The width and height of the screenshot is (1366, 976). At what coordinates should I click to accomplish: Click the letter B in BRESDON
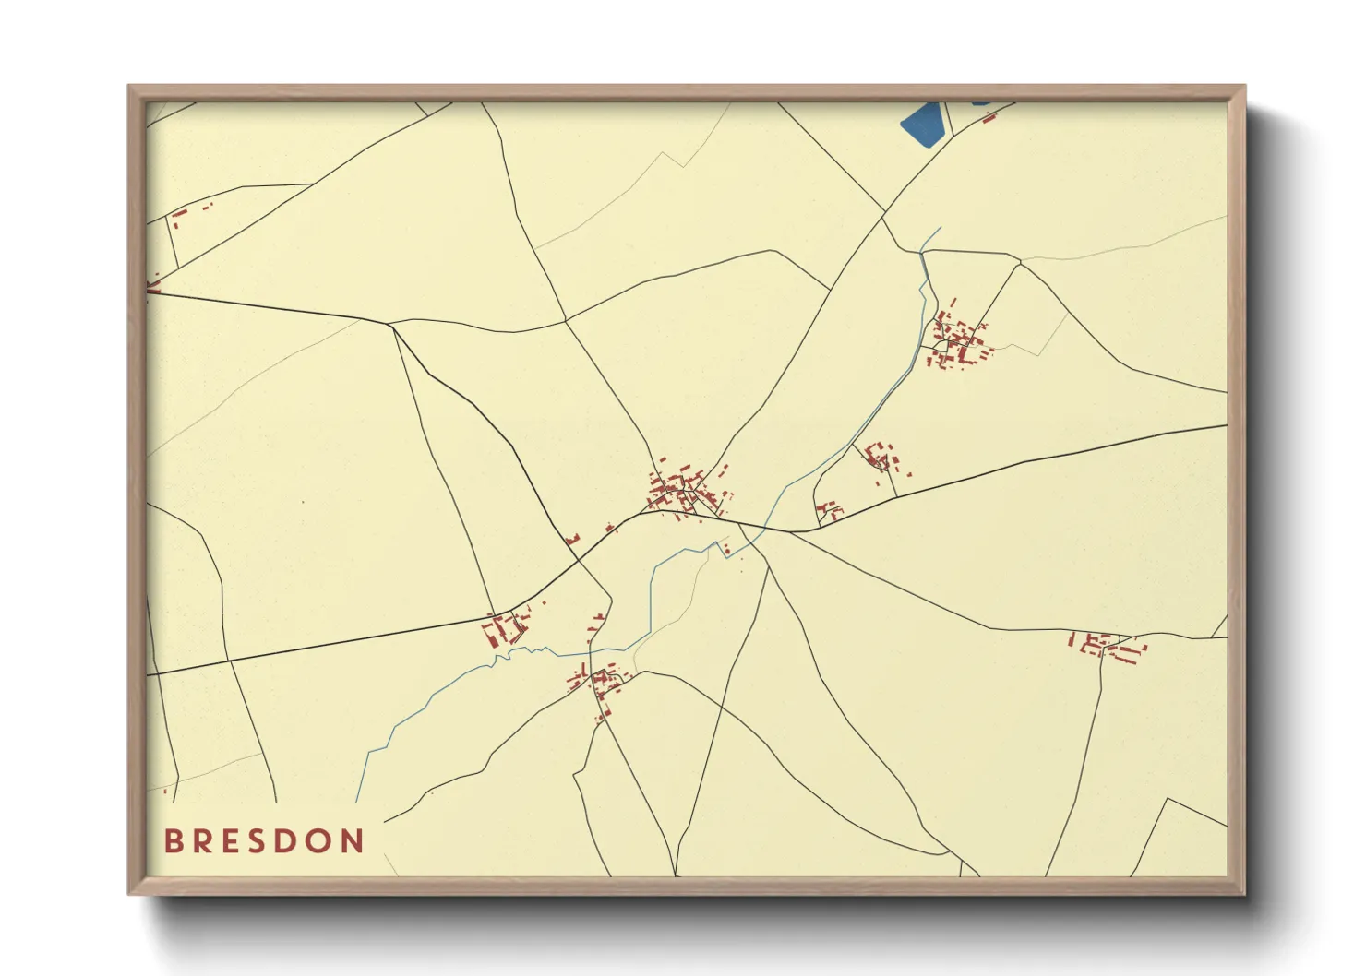point(173,841)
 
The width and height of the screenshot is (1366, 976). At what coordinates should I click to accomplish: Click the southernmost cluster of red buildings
point(600,684)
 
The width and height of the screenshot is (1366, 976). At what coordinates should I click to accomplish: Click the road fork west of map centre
point(391,324)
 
